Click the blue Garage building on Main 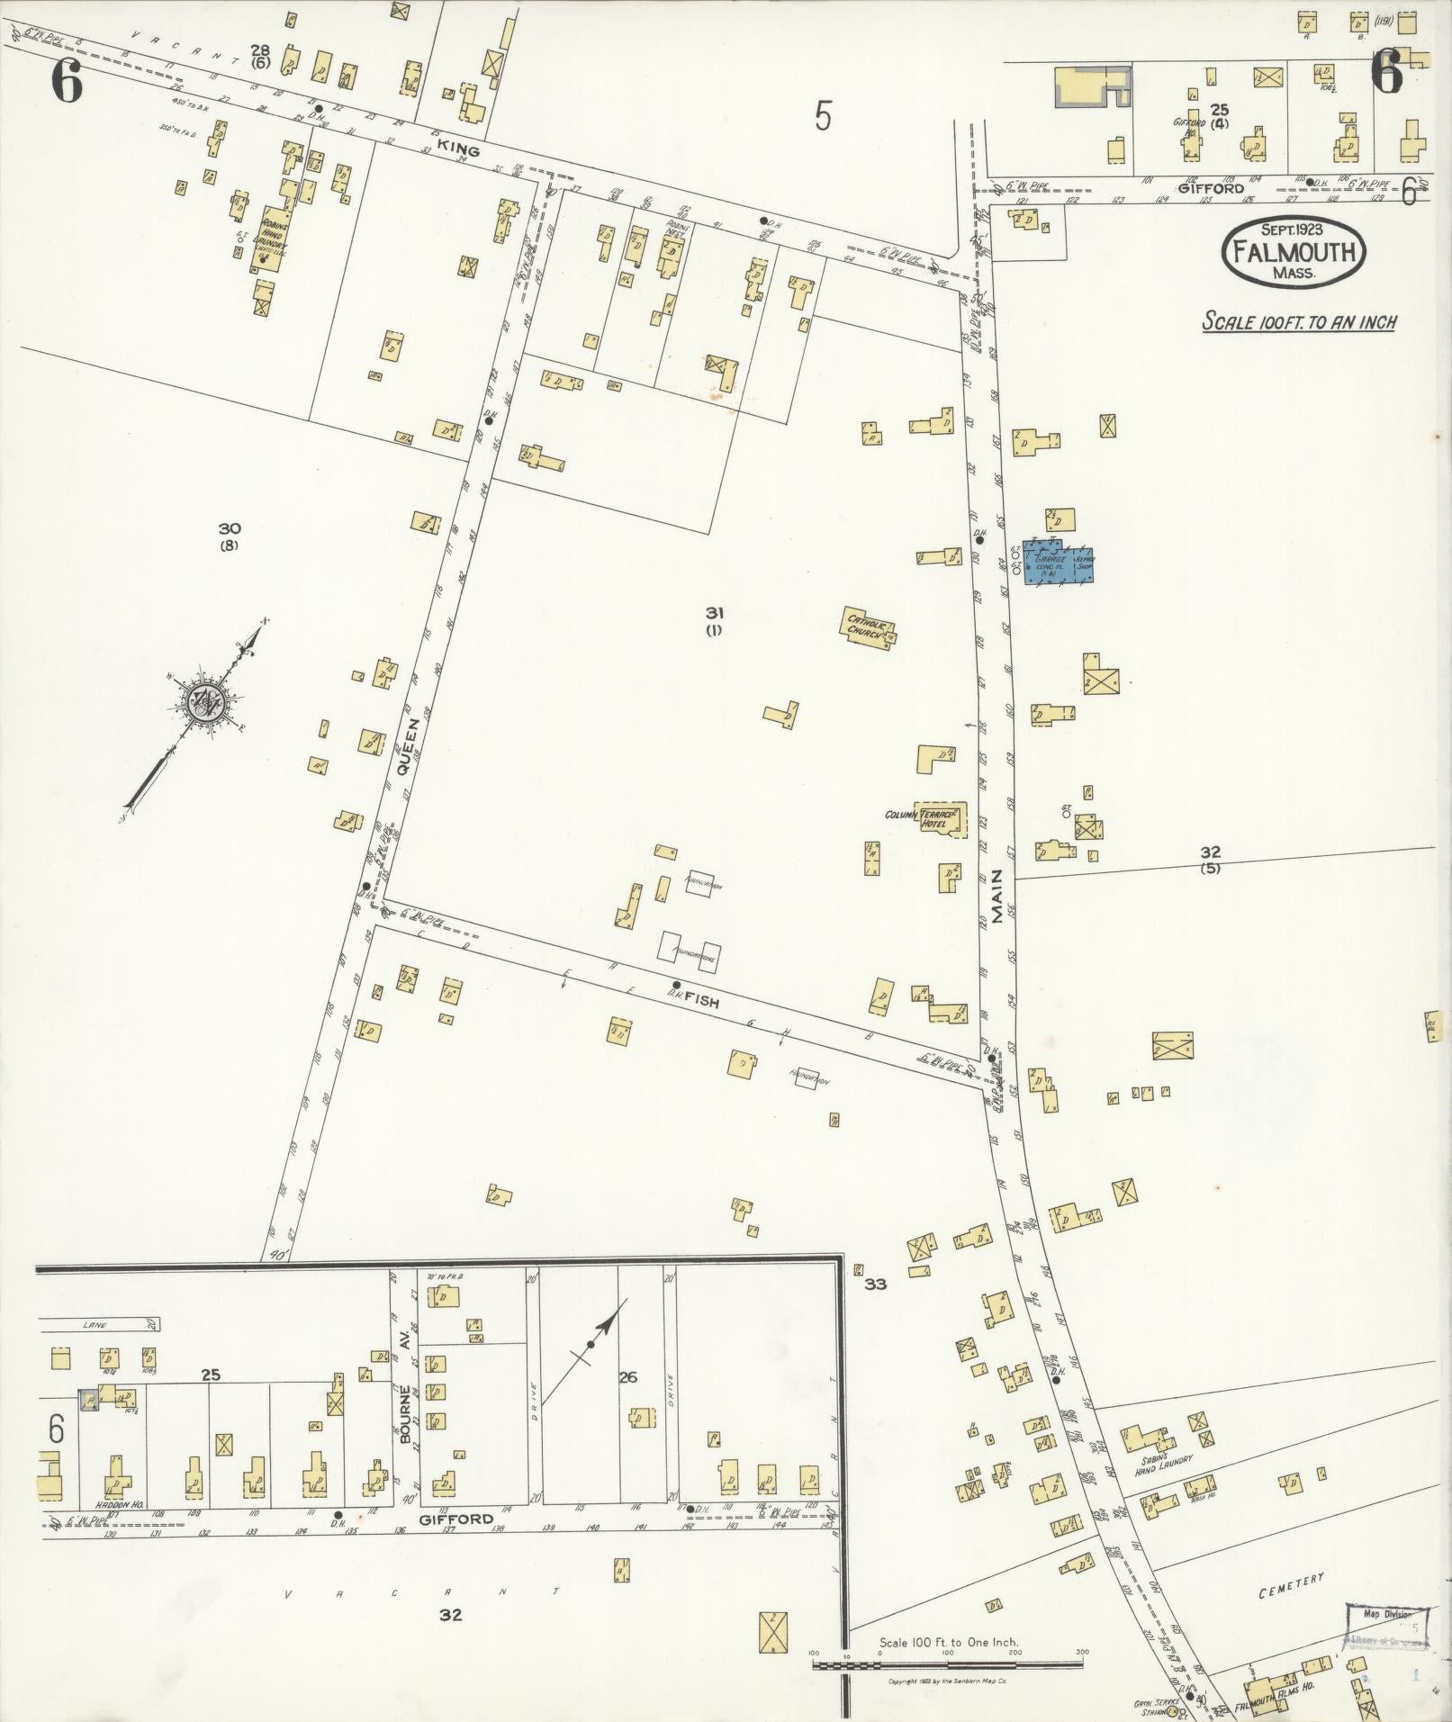click(x=1059, y=565)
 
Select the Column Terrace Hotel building click(x=942, y=817)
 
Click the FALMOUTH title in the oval click(x=1293, y=251)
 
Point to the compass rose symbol click(x=207, y=699)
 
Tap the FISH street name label click(x=702, y=999)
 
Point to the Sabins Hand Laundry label click(x=1162, y=1462)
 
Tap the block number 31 click(x=715, y=612)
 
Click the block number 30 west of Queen click(x=230, y=529)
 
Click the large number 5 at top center click(x=822, y=115)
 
